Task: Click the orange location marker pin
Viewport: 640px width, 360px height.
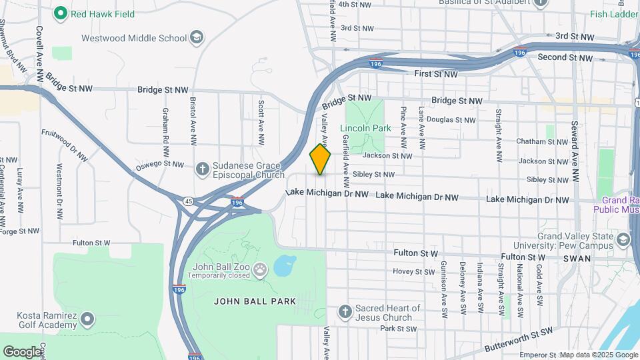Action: pyautogui.click(x=320, y=159)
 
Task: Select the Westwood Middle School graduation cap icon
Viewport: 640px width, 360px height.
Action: pyautogui.click(x=197, y=37)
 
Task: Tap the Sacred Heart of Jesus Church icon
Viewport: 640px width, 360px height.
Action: pyautogui.click(x=345, y=311)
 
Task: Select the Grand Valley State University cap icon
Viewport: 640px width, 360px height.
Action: pyautogui.click(x=623, y=239)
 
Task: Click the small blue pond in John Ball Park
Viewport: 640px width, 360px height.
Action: pyautogui.click(x=285, y=266)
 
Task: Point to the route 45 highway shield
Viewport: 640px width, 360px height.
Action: pyautogui.click(x=190, y=201)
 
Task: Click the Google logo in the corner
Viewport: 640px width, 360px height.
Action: pyautogui.click(x=22, y=351)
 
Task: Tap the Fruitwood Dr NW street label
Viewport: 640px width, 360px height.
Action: pyautogui.click(x=65, y=144)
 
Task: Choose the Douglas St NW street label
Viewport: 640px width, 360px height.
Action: pyautogui.click(x=451, y=120)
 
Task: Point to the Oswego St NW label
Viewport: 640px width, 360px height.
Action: pyautogui.click(x=159, y=164)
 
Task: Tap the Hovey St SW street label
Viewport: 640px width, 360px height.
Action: pyautogui.click(x=413, y=271)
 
